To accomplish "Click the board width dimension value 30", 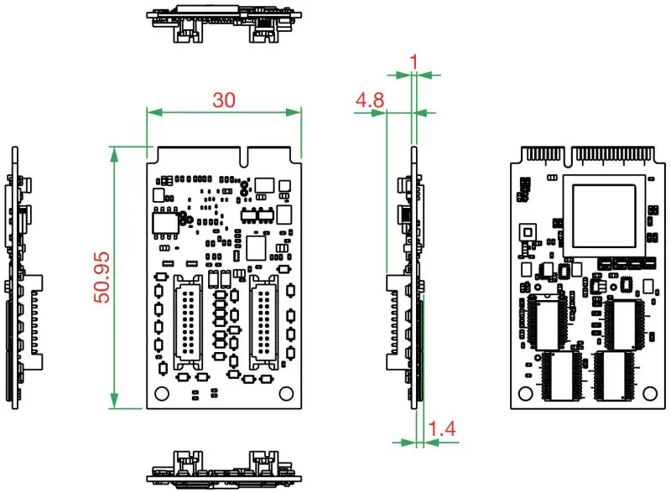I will (223, 100).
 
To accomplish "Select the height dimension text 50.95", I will (101, 279).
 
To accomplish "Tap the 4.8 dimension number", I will (370, 101).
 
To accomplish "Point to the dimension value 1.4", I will (442, 429).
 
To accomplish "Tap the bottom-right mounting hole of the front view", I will (287, 392).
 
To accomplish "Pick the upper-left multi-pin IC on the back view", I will (548, 322).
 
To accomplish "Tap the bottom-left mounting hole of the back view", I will (526, 392).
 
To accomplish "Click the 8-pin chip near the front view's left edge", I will (164, 223).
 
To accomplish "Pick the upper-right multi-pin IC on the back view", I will (623, 322).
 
